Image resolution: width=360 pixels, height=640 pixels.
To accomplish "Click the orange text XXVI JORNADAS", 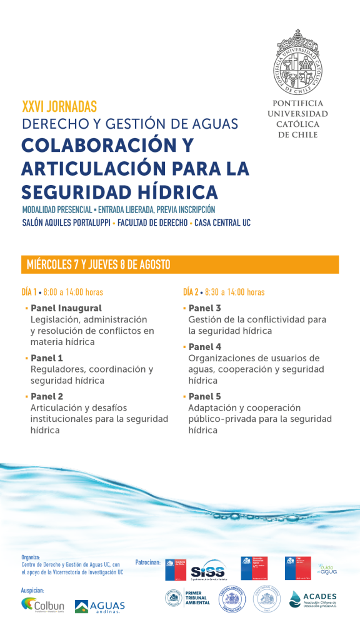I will coord(59,107).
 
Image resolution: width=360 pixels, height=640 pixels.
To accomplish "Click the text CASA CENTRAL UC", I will coord(222,223).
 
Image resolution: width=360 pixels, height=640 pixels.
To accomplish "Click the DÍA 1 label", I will coord(30,292).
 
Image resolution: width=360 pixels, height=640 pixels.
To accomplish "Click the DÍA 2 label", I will coord(191,292).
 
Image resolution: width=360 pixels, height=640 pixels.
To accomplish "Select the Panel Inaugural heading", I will coord(66,308).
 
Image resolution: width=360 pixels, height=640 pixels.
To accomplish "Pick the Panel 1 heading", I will coord(46,358).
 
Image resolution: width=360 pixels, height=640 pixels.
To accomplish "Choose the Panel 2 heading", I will coord(46,396).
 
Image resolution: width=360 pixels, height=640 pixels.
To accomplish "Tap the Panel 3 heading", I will coord(204,308).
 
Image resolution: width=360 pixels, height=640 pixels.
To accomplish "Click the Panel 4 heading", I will coord(204,347).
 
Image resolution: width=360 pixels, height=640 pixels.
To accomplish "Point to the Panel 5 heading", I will coord(204,396).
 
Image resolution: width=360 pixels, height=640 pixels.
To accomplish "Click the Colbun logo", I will coord(42,606).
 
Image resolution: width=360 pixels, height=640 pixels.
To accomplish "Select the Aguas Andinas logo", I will coord(100,606).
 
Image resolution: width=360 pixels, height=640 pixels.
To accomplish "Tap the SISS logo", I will coord(207,571).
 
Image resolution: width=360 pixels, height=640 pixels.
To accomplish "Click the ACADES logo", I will coord(314,600).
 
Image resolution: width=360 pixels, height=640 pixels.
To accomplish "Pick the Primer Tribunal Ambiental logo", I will coord(187,599).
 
